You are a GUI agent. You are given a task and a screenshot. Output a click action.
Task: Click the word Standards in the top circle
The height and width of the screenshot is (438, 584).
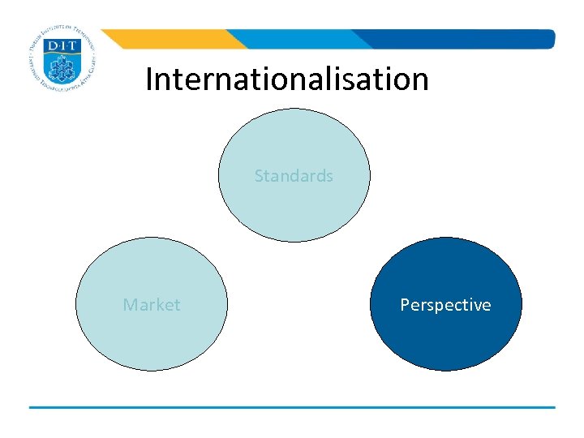[x=294, y=176]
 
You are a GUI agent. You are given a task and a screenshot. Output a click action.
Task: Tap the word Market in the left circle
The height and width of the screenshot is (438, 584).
[x=152, y=305]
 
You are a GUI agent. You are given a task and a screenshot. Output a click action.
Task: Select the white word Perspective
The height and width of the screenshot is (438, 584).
[x=445, y=305]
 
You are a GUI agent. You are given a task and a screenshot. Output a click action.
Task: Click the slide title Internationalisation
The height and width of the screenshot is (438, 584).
[x=287, y=79]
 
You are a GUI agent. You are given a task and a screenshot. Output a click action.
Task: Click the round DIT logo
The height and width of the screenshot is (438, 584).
[x=62, y=62]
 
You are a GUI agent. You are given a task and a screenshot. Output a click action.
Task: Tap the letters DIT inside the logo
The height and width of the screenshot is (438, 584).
[x=62, y=47]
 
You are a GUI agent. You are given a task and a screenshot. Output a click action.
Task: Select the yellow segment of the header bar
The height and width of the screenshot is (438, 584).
[x=170, y=39]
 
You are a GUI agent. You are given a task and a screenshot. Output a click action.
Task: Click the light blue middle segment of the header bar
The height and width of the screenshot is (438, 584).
[x=300, y=39]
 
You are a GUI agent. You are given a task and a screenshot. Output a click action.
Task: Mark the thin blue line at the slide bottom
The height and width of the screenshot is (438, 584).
[x=292, y=407]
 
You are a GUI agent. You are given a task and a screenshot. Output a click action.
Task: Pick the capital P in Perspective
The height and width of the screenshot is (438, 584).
[x=405, y=305]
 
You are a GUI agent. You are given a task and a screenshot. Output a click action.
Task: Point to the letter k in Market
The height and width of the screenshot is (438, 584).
[x=163, y=305]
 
